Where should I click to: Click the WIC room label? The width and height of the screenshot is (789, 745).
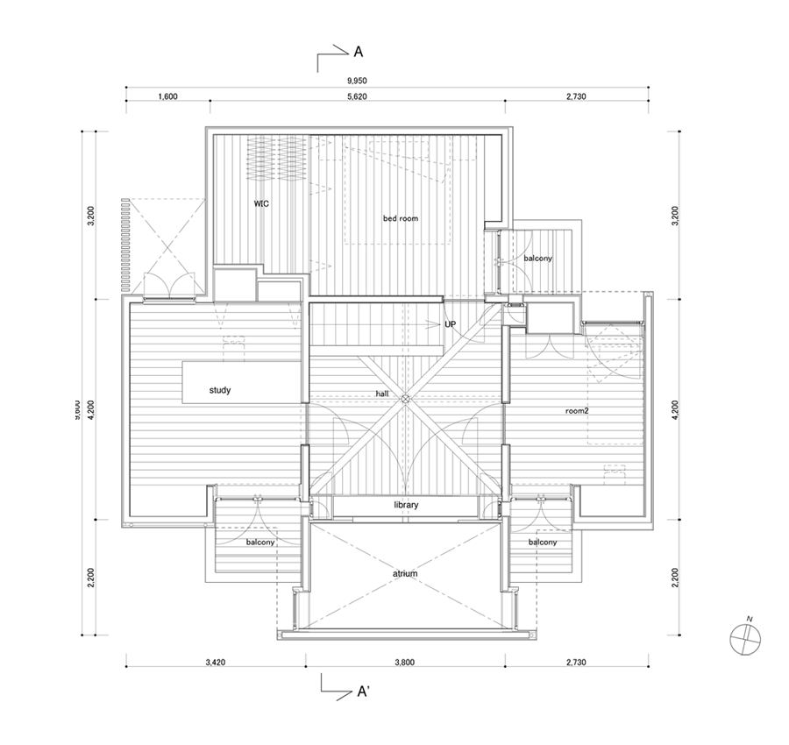[260, 203]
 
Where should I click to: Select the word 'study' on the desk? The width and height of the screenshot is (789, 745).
[220, 390]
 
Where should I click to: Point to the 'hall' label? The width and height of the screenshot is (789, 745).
[382, 394]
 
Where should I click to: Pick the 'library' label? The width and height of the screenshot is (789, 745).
[405, 506]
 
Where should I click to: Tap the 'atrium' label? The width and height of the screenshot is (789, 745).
[404, 574]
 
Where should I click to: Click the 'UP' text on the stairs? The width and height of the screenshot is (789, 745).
[451, 324]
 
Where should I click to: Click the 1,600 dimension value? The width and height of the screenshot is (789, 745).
[168, 97]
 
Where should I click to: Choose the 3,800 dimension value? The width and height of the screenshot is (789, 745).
[403, 663]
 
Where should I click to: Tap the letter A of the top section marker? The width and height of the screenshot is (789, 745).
[358, 53]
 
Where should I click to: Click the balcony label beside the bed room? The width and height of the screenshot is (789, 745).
[537, 259]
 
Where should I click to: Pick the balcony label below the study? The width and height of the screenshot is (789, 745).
[260, 543]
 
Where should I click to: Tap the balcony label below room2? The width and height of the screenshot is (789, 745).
[543, 543]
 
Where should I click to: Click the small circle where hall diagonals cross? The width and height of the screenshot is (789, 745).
[405, 400]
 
